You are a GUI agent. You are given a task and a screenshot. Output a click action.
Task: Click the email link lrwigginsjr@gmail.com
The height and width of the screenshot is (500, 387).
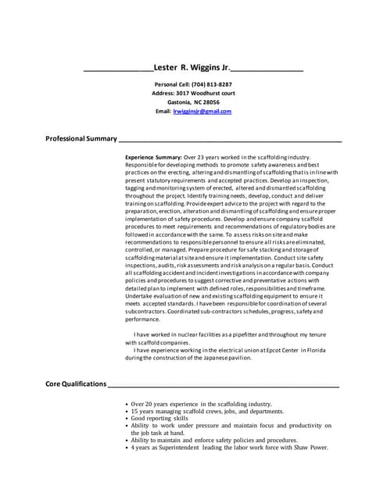point(202,112)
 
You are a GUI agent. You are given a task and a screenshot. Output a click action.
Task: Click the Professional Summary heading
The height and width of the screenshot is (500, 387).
point(81,138)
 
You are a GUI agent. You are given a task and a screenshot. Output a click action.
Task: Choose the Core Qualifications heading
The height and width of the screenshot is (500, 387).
point(75,384)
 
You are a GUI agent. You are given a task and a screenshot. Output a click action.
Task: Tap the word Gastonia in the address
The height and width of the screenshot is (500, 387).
point(181,102)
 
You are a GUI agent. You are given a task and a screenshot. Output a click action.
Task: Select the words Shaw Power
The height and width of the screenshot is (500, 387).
point(310,448)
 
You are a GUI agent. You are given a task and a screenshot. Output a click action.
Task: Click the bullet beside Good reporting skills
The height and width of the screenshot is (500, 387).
point(127,419)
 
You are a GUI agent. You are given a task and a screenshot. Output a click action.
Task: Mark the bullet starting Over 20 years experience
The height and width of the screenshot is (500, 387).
point(127,404)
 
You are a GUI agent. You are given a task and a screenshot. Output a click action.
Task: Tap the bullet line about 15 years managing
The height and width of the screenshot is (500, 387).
point(207,411)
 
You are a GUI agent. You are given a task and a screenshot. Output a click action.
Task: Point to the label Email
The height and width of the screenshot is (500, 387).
point(163,112)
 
